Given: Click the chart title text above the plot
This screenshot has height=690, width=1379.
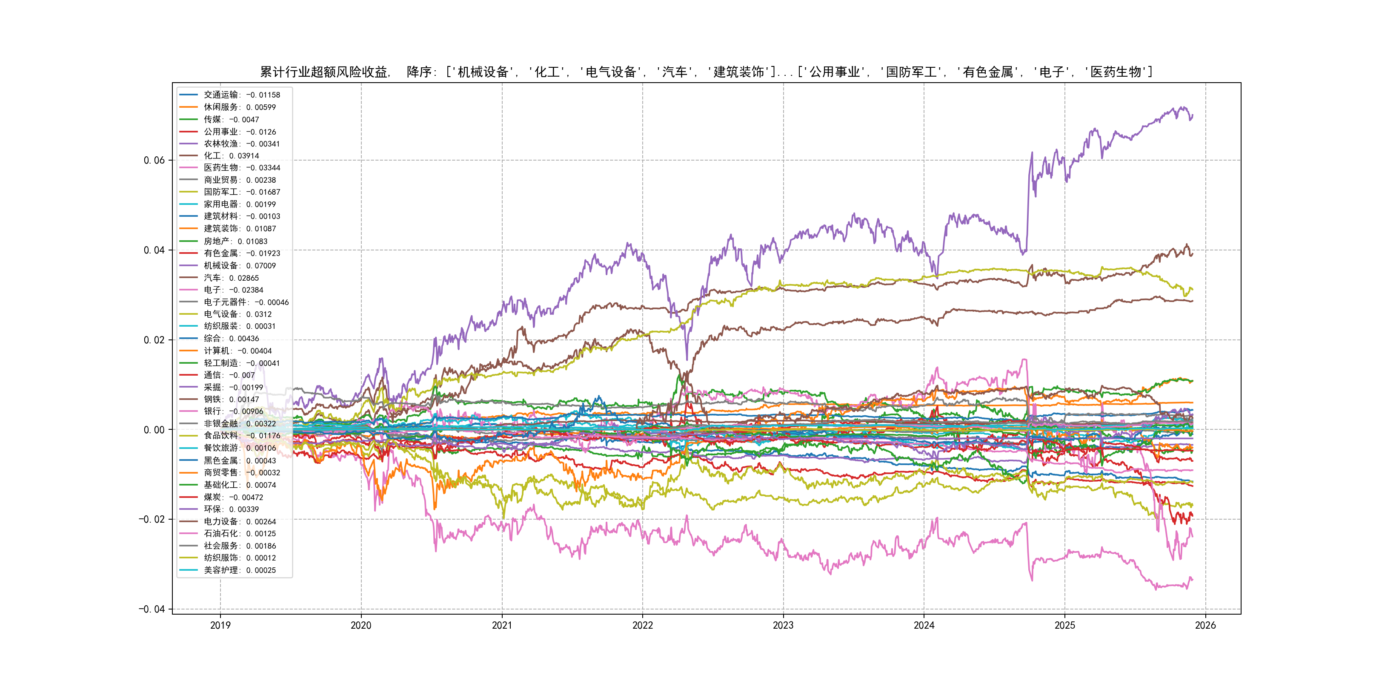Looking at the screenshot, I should pyautogui.click(x=706, y=72).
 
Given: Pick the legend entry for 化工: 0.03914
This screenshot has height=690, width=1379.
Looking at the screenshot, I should pyautogui.click(x=231, y=156).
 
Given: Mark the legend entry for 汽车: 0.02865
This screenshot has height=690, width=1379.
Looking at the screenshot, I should pyautogui.click(x=231, y=278).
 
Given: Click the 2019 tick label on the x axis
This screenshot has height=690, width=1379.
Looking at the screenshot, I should pyautogui.click(x=220, y=625).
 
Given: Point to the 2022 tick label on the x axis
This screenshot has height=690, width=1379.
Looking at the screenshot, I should pyautogui.click(x=642, y=625).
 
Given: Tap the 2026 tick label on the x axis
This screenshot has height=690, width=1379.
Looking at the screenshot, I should pyautogui.click(x=1205, y=625).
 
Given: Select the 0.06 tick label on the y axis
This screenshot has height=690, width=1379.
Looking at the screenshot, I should pyautogui.click(x=154, y=160).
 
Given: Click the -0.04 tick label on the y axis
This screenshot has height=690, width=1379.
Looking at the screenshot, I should pyautogui.click(x=152, y=609).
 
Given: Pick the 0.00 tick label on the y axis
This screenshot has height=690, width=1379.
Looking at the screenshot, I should pyautogui.click(x=154, y=430).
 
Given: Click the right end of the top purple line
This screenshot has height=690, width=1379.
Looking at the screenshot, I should pyautogui.click(x=1192, y=115).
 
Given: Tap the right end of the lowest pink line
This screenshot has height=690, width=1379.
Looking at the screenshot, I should pyautogui.click(x=1192, y=580).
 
